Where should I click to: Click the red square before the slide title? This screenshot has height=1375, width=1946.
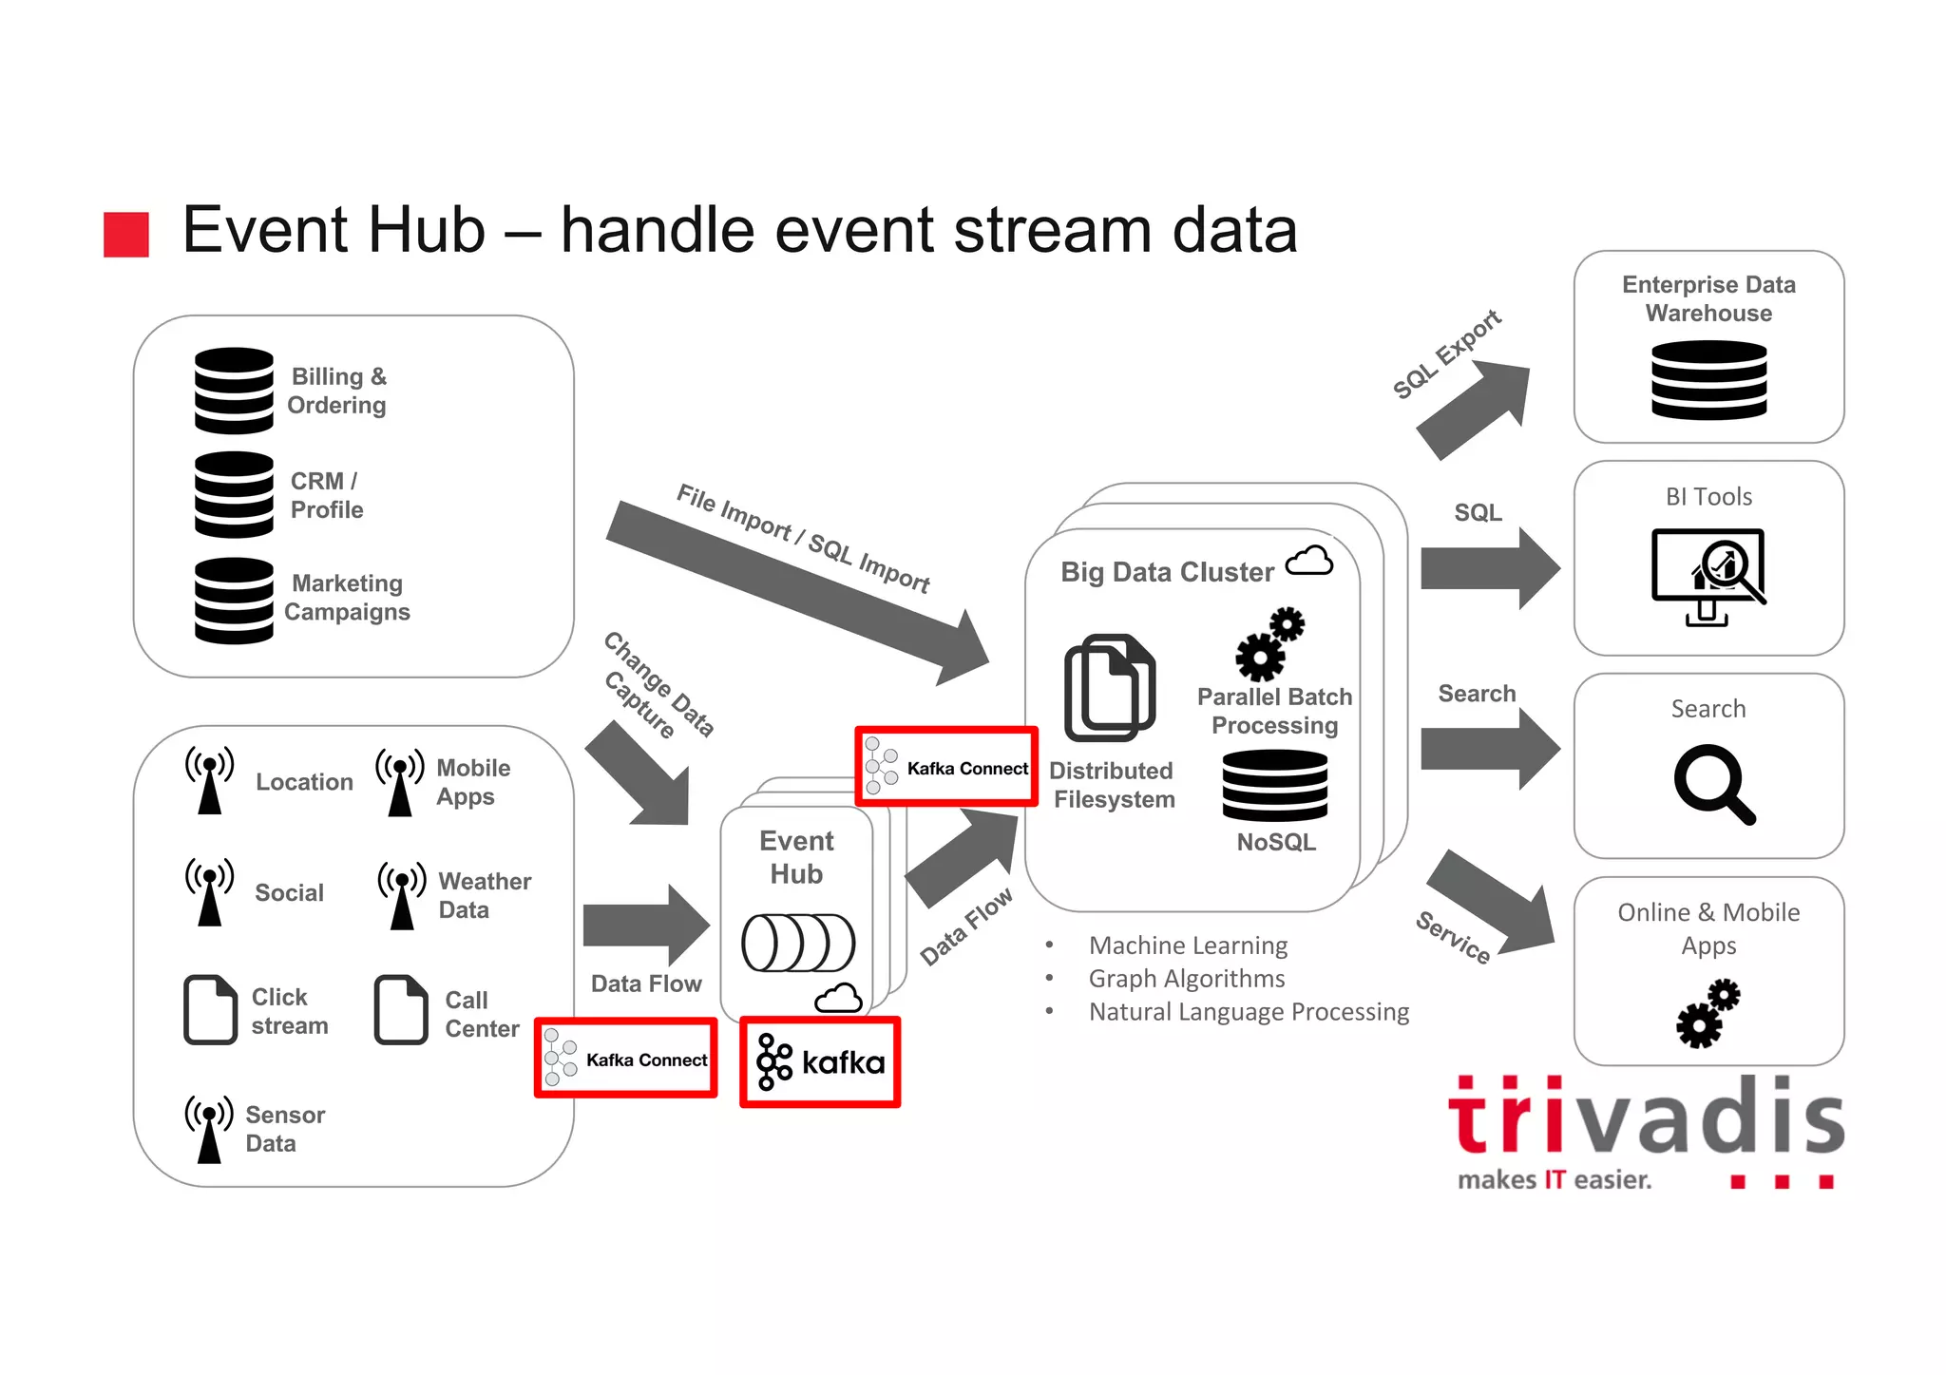coord(126,234)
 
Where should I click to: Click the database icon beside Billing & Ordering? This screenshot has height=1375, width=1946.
coord(234,391)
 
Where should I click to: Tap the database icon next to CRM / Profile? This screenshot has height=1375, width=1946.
coord(234,494)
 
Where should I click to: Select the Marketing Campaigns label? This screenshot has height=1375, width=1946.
coord(347,598)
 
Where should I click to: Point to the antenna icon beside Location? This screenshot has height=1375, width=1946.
coord(209,780)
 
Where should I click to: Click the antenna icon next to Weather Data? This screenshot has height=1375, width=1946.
coord(402,895)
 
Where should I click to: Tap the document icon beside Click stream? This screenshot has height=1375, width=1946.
coord(210,1009)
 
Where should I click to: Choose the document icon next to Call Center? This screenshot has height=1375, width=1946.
coord(401,1009)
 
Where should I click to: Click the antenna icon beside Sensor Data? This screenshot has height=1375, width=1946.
coord(209,1129)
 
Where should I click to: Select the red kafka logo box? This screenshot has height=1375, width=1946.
coord(820,1061)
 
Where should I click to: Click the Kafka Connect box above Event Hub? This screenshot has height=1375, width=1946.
coord(946,767)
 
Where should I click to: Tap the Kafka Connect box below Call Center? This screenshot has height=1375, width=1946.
coord(626,1059)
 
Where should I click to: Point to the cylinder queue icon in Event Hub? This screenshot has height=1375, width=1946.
coord(798,943)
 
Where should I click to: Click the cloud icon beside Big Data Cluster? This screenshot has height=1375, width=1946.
coord(1309,562)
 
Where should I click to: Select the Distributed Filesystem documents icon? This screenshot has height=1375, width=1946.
coord(1110,687)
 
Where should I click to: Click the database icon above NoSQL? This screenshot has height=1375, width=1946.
coord(1275,785)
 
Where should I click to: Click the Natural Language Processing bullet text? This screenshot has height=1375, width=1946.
coord(1249,1012)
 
